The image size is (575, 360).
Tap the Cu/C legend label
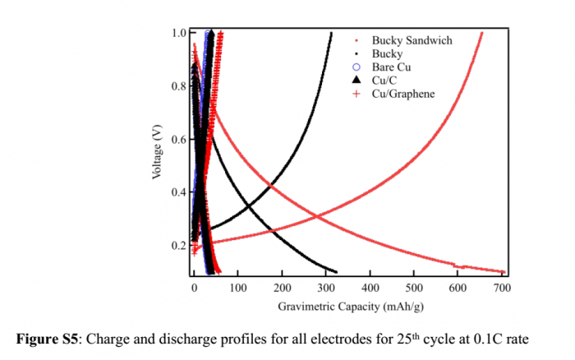coord(385,80)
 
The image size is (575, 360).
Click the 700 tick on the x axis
coord(503,288)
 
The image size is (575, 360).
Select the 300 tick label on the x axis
coord(327,288)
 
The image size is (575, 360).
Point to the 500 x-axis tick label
coord(415,288)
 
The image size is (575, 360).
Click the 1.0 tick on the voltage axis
coord(179,33)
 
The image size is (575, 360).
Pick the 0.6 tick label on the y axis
coord(179,139)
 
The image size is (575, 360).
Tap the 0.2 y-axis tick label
coord(179,245)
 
